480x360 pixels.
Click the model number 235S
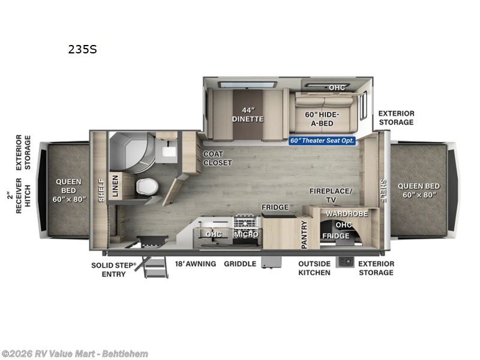(82, 50)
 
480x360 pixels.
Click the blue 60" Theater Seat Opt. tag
(322, 140)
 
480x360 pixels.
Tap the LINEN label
(115, 187)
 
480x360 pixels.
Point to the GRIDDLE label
(239, 264)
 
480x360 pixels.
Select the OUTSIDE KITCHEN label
(314, 268)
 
